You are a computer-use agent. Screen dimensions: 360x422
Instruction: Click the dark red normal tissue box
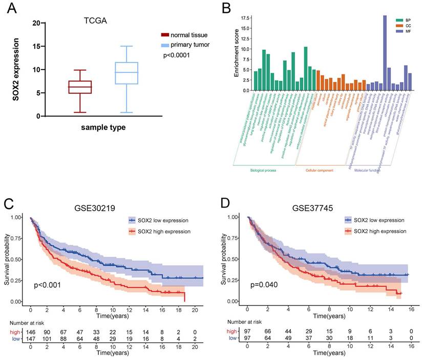point(80,87)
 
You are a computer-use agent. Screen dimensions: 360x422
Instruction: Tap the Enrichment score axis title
point(237,51)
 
